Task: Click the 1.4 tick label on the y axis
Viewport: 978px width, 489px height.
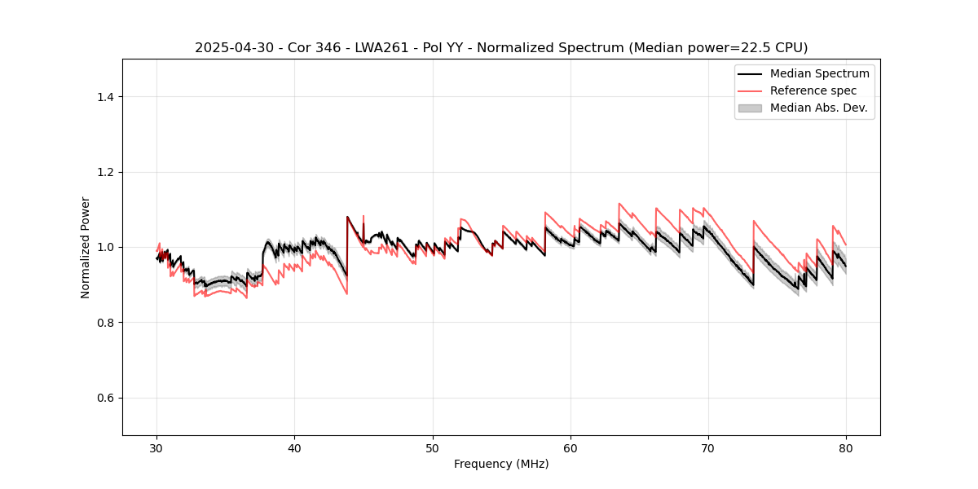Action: pyautogui.click(x=104, y=97)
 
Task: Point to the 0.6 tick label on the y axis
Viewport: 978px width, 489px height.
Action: pyautogui.click(x=104, y=398)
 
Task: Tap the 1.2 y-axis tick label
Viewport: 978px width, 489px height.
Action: pyautogui.click(x=104, y=172)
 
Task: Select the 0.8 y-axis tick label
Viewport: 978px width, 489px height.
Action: pyautogui.click(x=104, y=323)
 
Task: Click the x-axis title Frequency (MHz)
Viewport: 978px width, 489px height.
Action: pyautogui.click(x=501, y=464)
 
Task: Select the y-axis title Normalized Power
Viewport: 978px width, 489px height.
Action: pyautogui.click(x=86, y=247)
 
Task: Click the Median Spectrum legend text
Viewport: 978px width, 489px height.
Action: pyautogui.click(x=819, y=73)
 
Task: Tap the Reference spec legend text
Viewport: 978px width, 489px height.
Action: pyautogui.click(x=813, y=90)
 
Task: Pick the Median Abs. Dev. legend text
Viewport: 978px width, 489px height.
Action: pyautogui.click(x=818, y=108)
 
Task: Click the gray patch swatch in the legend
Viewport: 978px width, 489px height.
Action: pyautogui.click(x=750, y=108)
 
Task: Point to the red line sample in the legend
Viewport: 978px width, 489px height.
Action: pyautogui.click(x=750, y=90)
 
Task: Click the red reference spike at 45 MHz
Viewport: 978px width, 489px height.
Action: pyautogui.click(x=363, y=217)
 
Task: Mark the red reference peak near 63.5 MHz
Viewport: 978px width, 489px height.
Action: pyautogui.click(x=619, y=204)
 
